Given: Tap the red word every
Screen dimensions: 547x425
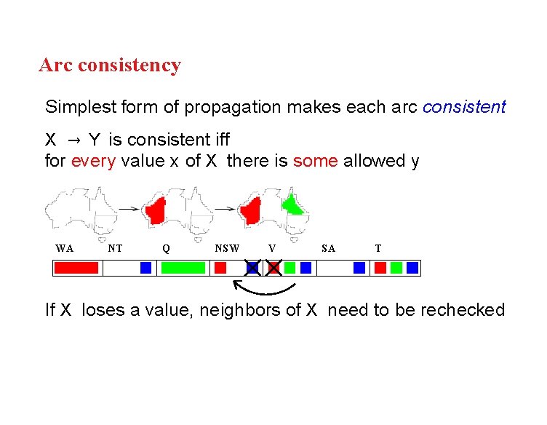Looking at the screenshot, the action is click(x=93, y=161).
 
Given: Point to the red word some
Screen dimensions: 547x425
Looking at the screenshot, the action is click(x=315, y=161).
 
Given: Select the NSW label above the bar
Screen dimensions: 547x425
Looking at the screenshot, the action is click(x=227, y=248).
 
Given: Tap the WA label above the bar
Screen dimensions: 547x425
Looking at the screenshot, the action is click(x=64, y=248).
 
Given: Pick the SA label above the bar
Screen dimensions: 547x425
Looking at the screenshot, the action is click(x=328, y=248).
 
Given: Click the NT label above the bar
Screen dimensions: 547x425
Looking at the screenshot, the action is click(x=115, y=248).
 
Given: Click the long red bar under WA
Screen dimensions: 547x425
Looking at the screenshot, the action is click(x=76, y=268).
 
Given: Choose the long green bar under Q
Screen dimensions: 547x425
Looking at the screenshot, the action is click(x=183, y=268).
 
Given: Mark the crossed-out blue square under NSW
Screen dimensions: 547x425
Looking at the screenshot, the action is click(x=252, y=268).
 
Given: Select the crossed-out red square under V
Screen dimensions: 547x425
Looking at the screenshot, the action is click(x=273, y=268).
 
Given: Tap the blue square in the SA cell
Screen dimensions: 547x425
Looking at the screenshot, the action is click(x=359, y=268).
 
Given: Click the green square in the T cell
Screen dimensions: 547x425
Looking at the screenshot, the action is click(x=396, y=268).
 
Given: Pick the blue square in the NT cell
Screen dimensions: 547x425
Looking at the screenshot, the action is click(x=145, y=268).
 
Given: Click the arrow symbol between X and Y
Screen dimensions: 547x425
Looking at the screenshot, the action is click(x=74, y=138).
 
